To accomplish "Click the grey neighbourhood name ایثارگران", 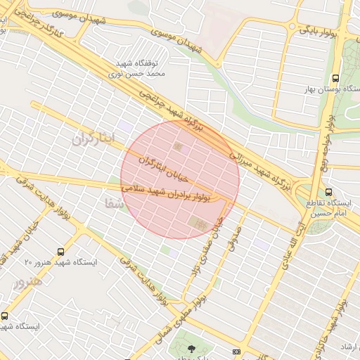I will [92, 139].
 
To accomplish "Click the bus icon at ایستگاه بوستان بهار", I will [335, 78].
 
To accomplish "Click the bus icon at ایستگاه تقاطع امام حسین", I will [329, 192].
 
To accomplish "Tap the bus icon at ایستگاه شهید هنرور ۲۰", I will [61, 250].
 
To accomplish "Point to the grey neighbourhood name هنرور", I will [28, 281].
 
